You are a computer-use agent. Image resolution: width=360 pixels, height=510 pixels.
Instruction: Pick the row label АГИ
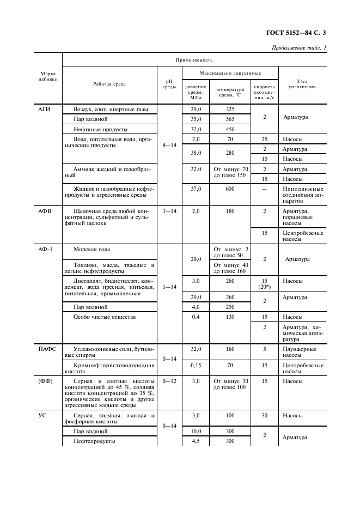click(44, 109)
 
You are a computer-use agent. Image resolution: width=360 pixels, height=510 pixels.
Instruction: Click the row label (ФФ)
click(45, 381)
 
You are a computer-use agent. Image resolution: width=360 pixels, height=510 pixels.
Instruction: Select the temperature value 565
click(230, 119)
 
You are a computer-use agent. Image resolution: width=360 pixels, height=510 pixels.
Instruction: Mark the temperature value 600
click(230, 189)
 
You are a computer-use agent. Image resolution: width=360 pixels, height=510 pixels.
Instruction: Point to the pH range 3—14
click(169, 210)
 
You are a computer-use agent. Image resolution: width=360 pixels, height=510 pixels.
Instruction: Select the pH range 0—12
click(169, 381)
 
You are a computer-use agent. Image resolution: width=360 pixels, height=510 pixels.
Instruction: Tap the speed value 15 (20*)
click(264, 284)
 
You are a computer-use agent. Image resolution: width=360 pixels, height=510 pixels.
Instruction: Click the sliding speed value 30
click(264, 415)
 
